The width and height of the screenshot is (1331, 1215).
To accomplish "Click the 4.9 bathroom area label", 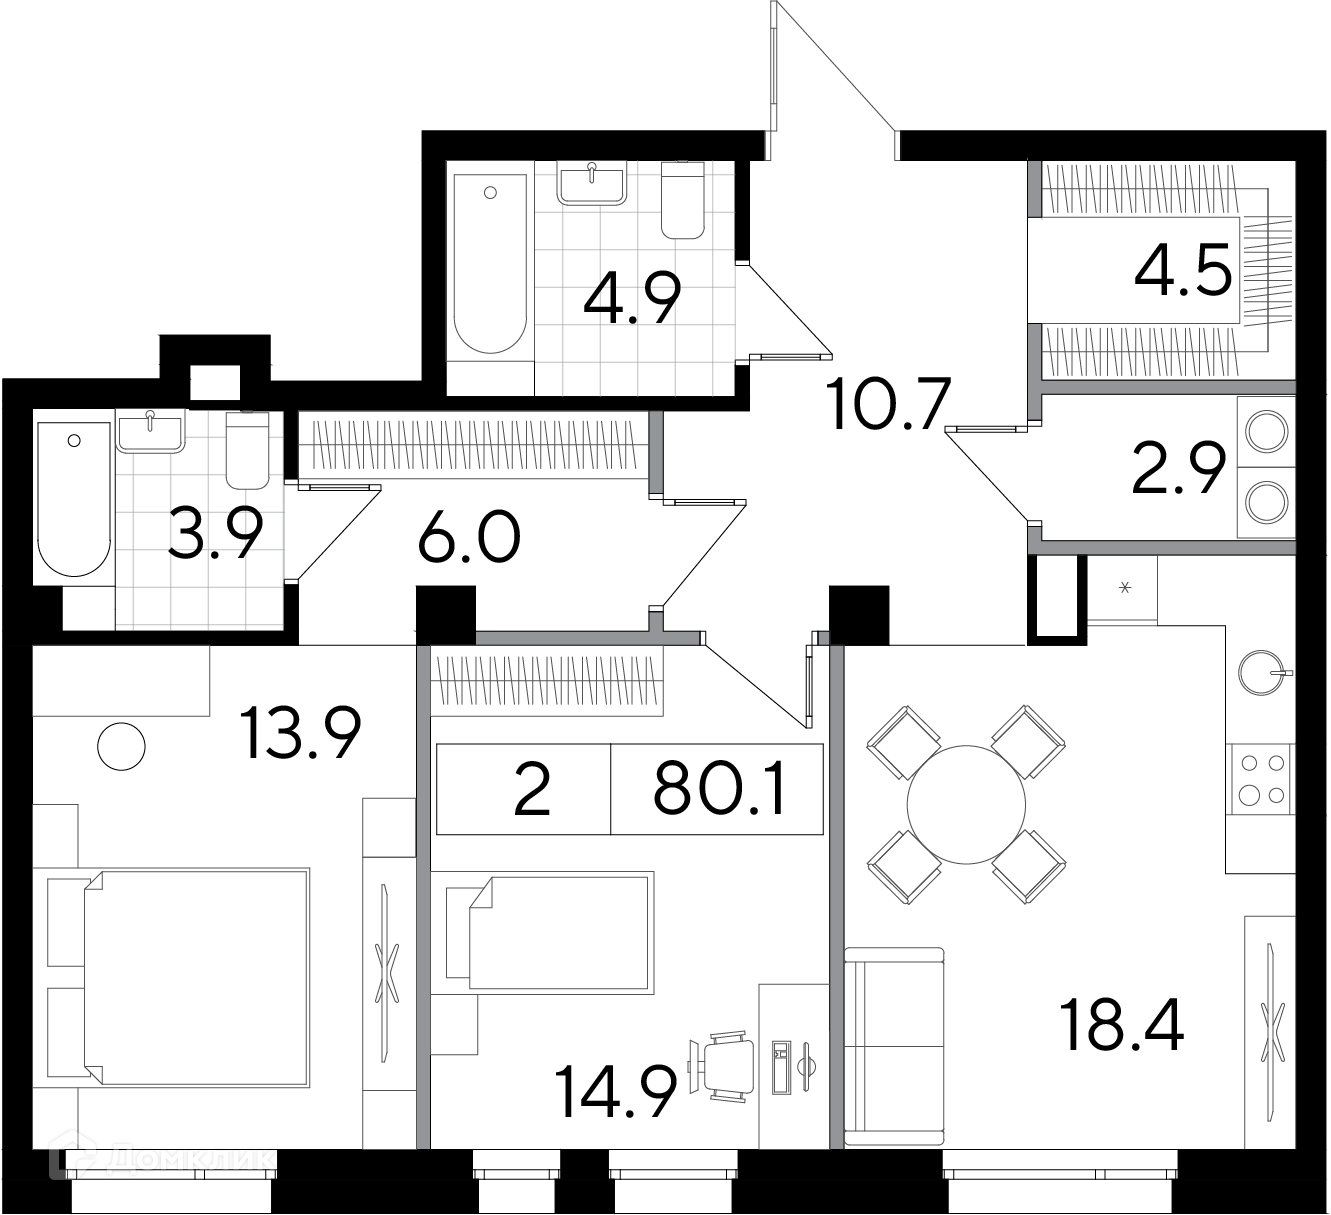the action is (632, 298).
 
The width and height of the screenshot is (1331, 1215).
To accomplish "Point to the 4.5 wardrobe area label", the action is (1183, 269).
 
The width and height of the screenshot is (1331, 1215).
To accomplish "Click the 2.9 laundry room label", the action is (1178, 468).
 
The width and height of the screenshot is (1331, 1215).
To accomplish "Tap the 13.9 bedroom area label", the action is (300, 732).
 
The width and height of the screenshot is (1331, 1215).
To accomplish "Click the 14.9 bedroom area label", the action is (616, 1092).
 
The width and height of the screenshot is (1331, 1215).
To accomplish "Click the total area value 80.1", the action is (719, 788).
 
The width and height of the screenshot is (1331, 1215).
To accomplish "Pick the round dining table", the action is (966, 804).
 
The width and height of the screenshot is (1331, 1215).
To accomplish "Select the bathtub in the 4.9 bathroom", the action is (490, 263).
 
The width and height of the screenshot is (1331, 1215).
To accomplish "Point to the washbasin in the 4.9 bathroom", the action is (592, 183).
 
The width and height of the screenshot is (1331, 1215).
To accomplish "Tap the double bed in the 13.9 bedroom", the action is (197, 978).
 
